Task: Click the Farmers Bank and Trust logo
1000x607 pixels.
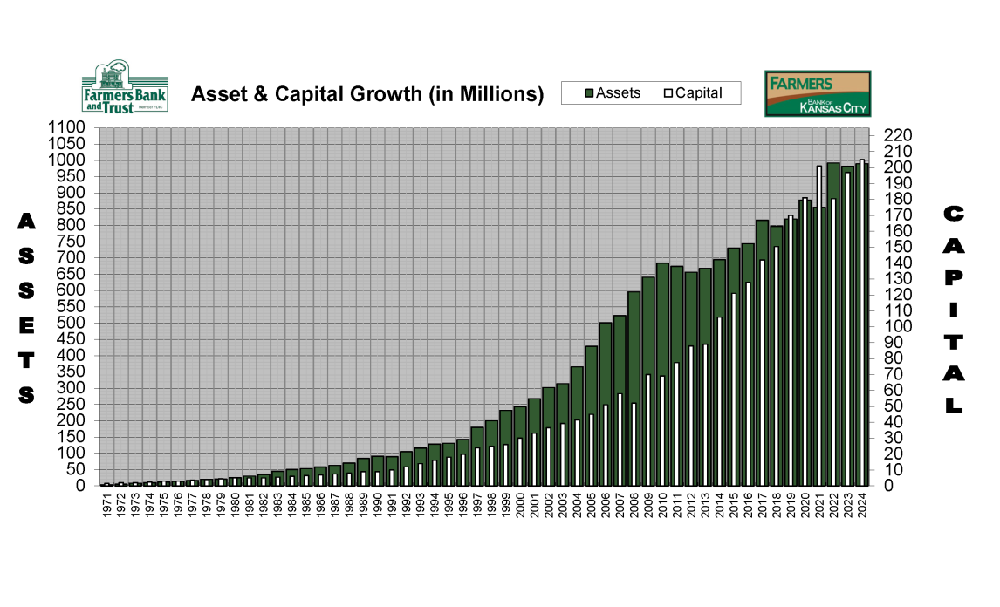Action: click(124, 88)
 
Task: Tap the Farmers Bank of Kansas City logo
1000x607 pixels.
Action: click(817, 93)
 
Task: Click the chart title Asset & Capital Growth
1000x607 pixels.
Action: click(366, 94)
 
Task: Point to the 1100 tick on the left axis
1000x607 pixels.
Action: click(67, 128)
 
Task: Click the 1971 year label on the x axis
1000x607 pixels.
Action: click(106, 505)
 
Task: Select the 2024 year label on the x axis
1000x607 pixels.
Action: click(862, 505)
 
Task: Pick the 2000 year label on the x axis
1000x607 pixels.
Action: click(520, 505)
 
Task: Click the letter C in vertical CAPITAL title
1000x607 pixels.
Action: click(954, 214)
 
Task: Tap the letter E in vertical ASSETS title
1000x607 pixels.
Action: click(27, 325)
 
